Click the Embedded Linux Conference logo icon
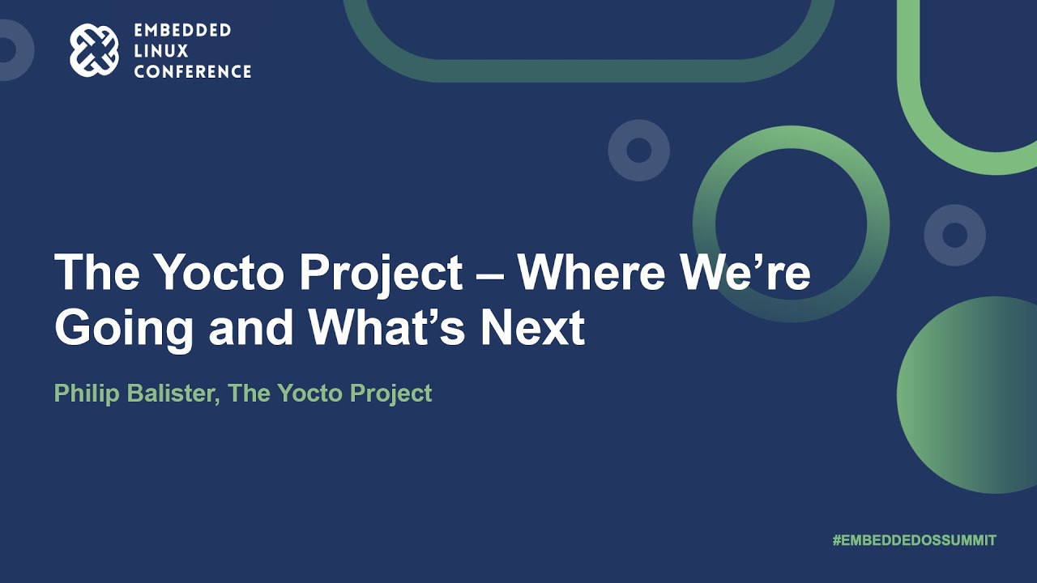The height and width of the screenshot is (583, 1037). coord(94,50)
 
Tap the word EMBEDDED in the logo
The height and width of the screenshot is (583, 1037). coord(182,31)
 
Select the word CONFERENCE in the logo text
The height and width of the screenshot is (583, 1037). coord(193,72)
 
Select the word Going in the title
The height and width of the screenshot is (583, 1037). coord(124,329)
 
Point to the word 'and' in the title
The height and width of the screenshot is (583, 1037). coord(252,327)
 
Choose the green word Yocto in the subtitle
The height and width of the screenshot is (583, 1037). coord(310,393)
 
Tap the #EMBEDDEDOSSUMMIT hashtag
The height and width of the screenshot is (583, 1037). coord(914,540)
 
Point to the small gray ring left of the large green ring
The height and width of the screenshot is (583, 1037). coord(638,151)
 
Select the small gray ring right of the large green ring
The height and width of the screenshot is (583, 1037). coord(954,235)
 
